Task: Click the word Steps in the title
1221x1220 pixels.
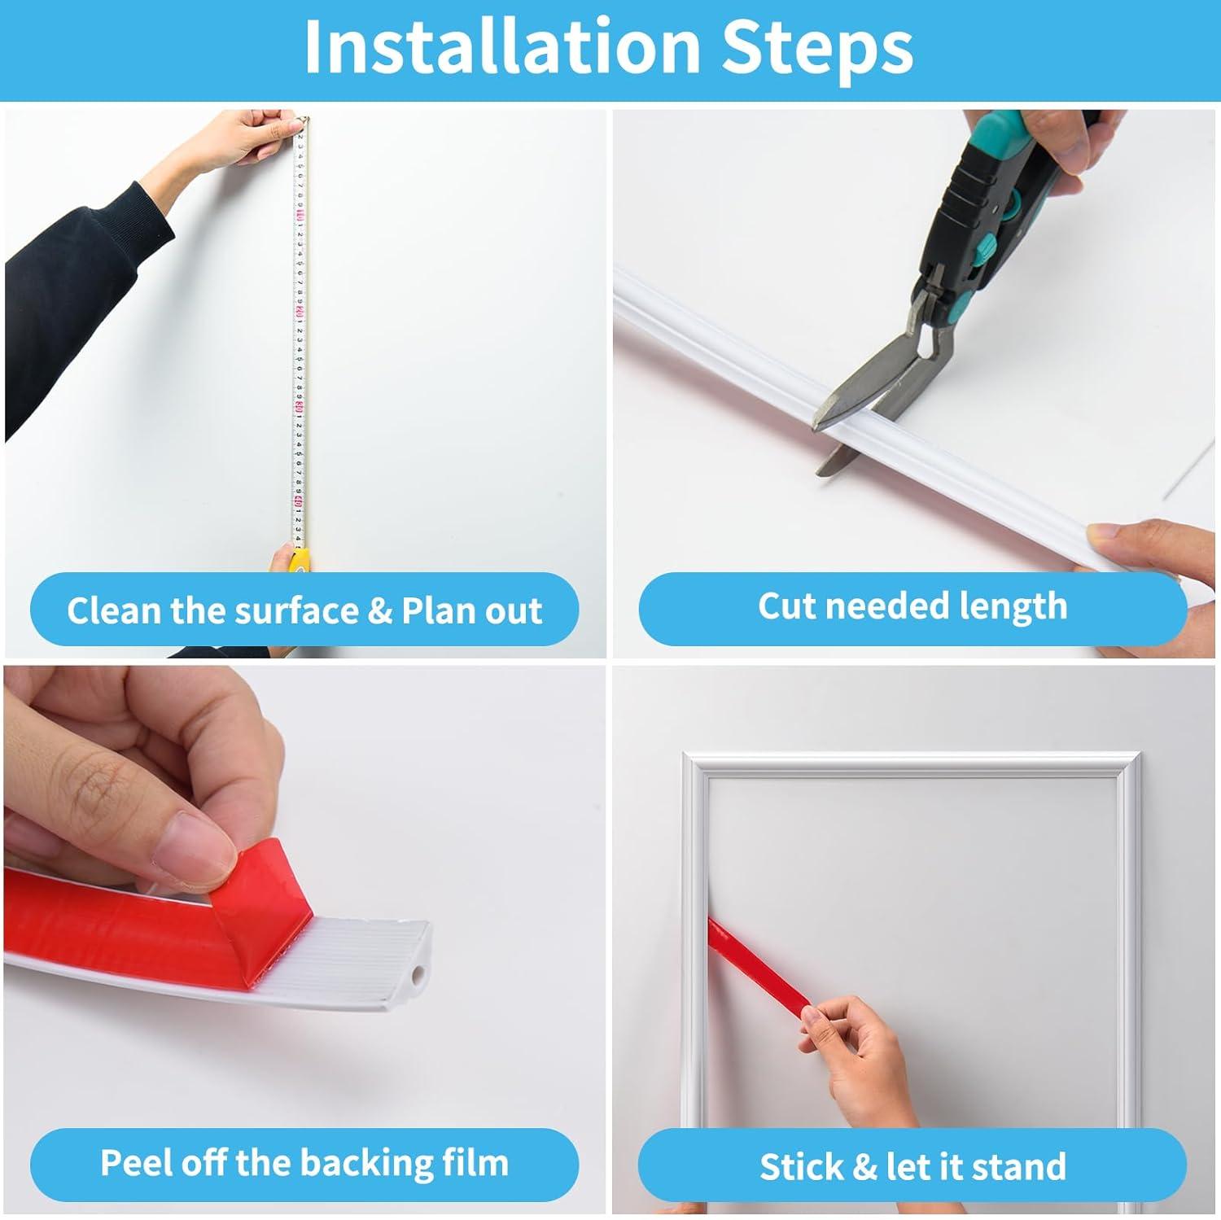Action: pyautogui.click(x=817, y=47)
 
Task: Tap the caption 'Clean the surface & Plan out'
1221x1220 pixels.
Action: pyautogui.click(x=304, y=610)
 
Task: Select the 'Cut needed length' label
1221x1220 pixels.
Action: pyautogui.click(x=912, y=606)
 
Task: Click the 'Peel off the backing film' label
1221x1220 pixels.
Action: pyautogui.click(x=304, y=1162)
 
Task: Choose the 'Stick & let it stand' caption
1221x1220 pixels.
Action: pyautogui.click(x=912, y=1166)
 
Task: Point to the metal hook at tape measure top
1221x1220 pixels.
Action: pyautogui.click(x=304, y=122)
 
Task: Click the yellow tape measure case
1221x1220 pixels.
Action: pyautogui.click(x=300, y=560)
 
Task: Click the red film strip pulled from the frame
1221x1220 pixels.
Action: pyautogui.click(x=757, y=964)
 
